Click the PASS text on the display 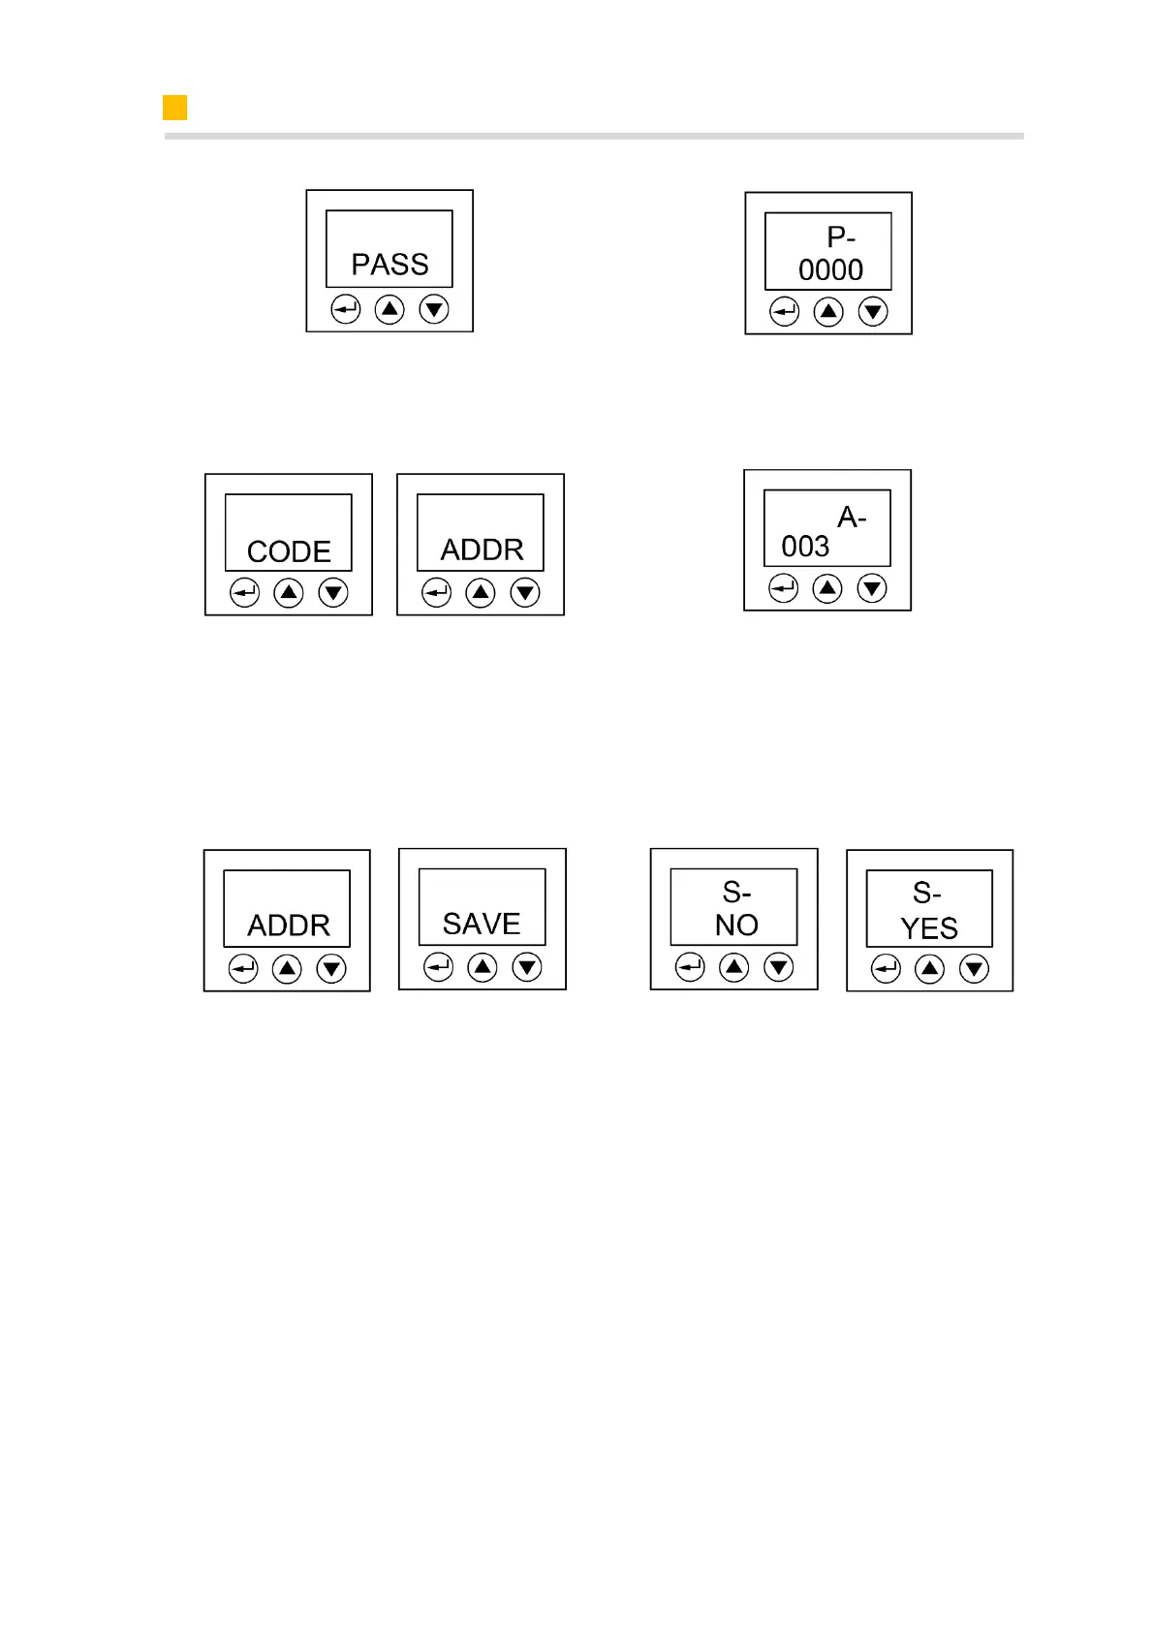(x=390, y=265)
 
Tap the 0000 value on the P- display (x=830, y=269)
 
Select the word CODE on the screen (x=289, y=551)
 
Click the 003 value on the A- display (x=805, y=547)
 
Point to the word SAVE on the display (x=482, y=924)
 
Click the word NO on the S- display (x=736, y=926)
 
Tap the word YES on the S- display (x=929, y=928)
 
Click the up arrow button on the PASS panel (x=390, y=310)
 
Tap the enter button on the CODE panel (x=244, y=592)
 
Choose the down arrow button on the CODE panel (x=333, y=592)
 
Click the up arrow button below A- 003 (x=827, y=588)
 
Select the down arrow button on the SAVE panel (x=527, y=967)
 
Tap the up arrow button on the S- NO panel (x=734, y=967)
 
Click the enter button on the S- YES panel (x=886, y=969)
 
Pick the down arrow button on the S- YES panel (x=974, y=969)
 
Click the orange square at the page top (x=175, y=108)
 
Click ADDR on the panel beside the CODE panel (x=482, y=549)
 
